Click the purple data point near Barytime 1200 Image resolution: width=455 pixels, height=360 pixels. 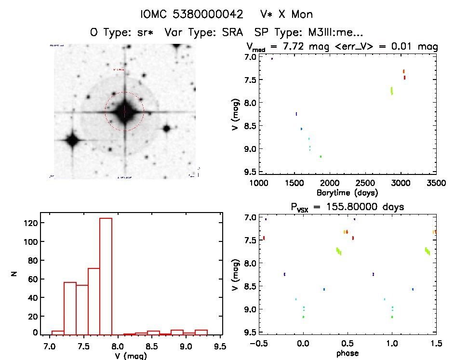[272, 59]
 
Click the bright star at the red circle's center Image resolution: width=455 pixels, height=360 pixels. [124, 111]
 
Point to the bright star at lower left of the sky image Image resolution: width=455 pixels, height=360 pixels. [73, 141]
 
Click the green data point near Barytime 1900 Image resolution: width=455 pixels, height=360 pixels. [321, 156]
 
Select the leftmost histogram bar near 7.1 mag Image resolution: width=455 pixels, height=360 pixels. [58, 332]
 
